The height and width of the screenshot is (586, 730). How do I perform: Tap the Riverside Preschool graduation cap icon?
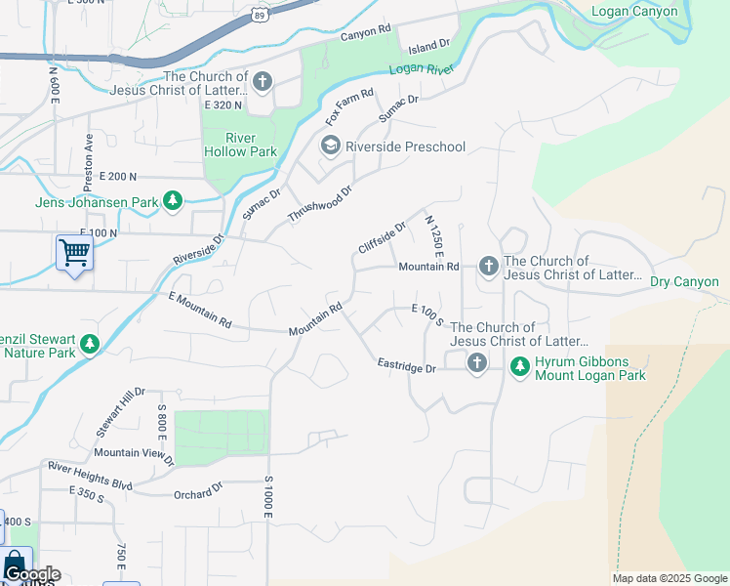point(330,146)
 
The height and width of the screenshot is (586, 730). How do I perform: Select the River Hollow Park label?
point(240,145)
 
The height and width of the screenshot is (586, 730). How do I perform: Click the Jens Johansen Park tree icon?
point(173,201)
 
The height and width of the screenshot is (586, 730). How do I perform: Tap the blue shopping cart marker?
point(74,253)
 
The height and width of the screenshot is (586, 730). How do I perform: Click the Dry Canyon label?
point(684,281)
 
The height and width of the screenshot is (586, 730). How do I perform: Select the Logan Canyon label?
point(635,12)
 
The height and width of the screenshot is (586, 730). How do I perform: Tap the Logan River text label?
point(424,68)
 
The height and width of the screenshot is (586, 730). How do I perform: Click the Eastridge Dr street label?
point(407,367)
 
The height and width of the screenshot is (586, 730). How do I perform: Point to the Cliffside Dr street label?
point(382,237)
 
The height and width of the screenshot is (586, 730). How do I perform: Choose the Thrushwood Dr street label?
point(319,202)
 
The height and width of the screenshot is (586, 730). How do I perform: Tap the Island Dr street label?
point(428,46)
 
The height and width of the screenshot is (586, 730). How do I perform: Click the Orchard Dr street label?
point(198,490)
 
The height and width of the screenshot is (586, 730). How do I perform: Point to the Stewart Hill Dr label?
point(119,411)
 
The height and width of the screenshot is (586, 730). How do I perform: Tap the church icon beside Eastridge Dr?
point(476,363)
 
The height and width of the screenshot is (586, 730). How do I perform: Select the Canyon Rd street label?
point(365,35)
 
